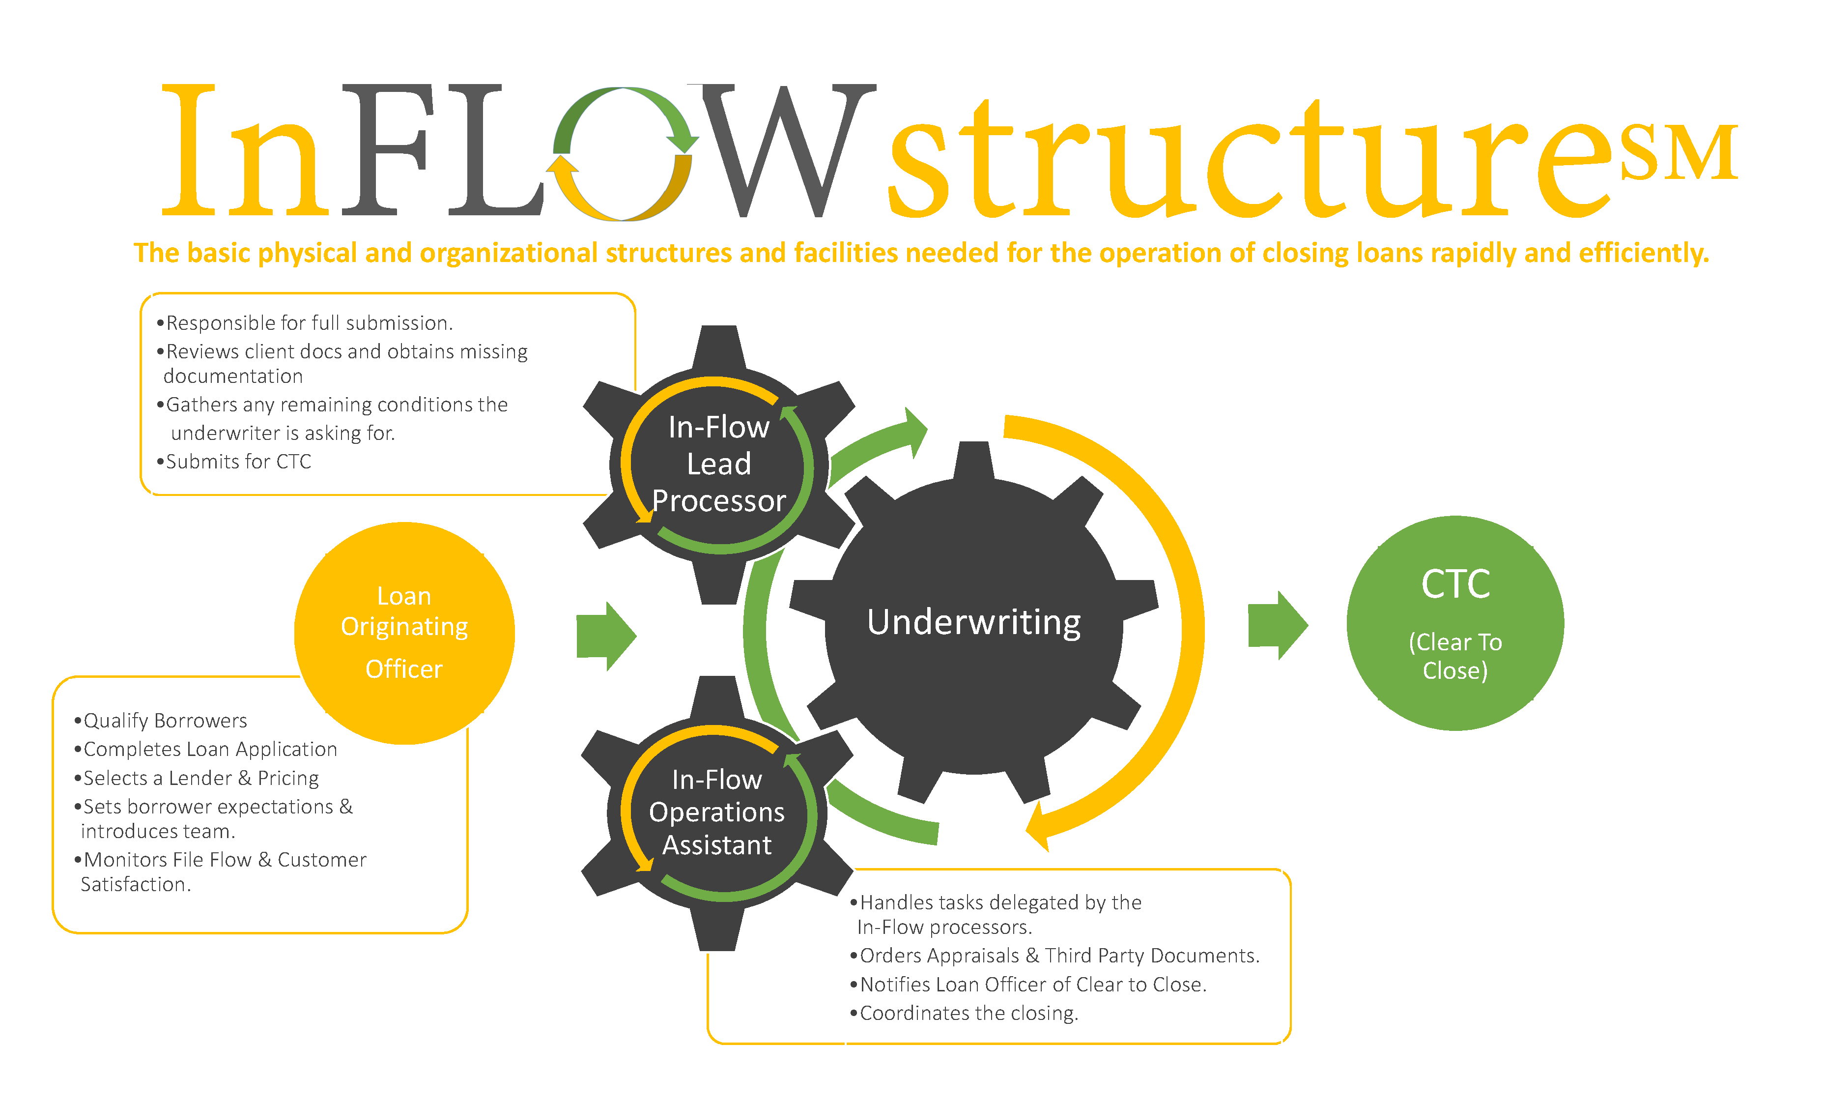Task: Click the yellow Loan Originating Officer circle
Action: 404,633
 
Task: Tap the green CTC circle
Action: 1454,623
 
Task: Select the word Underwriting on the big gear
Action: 973,622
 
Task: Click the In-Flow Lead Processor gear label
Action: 718,464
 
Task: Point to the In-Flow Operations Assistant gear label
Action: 716,812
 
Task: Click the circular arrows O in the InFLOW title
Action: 623,154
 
